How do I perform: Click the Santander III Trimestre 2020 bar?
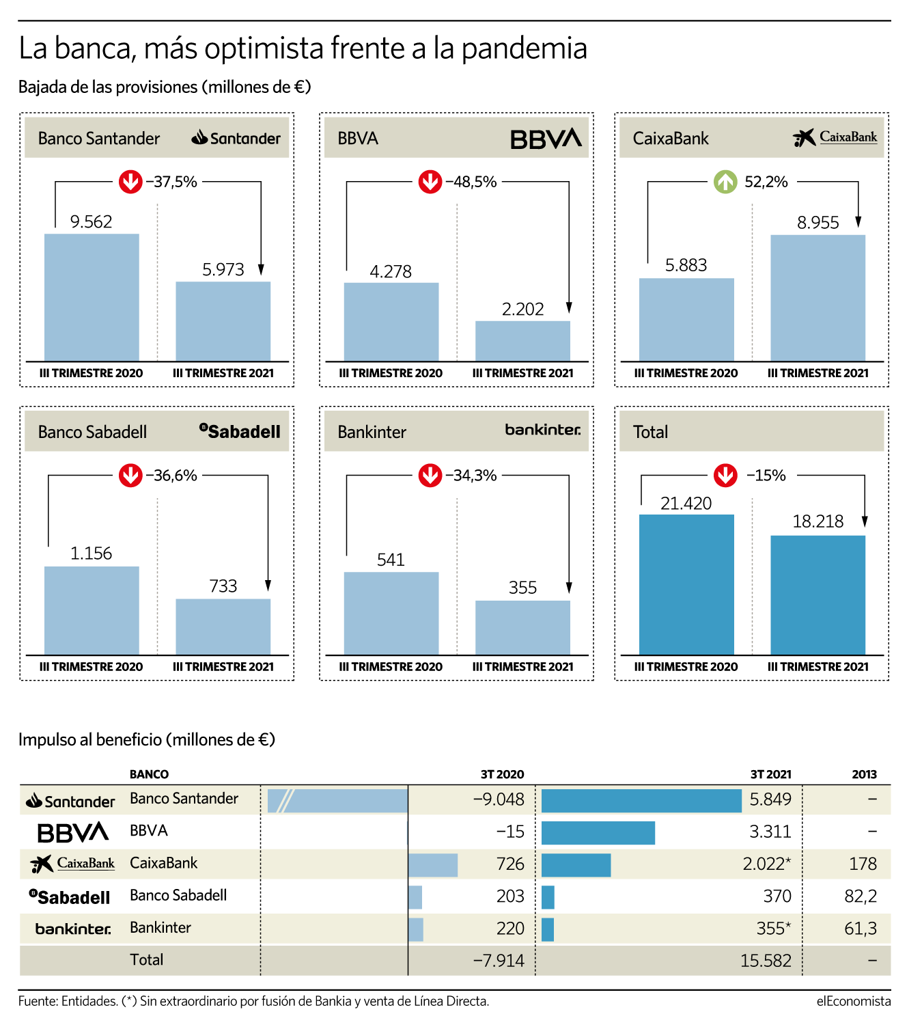click(92, 297)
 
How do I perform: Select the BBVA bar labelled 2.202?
click(522, 341)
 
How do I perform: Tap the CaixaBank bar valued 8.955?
click(818, 297)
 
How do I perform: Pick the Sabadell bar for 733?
click(223, 627)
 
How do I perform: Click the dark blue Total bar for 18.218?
click(818, 595)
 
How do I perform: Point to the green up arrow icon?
click(725, 182)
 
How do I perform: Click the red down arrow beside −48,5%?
click(430, 182)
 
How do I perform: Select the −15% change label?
click(766, 476)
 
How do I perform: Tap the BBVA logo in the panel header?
click(546, 139)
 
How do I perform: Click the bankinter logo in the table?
click(73, 929)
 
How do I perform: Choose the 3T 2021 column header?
click(770, 774)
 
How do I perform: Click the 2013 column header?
click(864, 774)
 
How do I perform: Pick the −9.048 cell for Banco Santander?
click(499, 799)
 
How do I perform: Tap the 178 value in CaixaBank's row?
click(863, 864)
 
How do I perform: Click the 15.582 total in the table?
click(766, 961)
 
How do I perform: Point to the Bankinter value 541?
click(391, 560)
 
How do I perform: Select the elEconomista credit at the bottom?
click(854, 1001)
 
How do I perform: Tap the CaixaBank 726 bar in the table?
click(433, 865)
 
